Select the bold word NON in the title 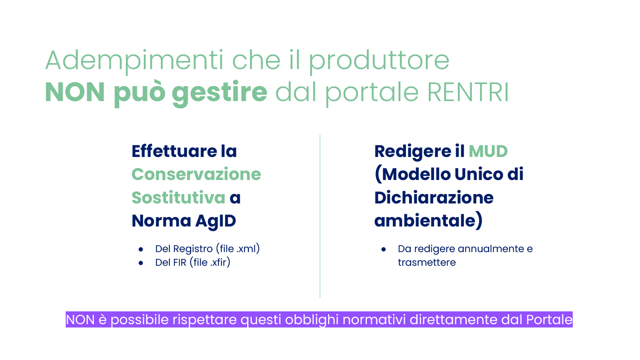75,92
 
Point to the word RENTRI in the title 468,92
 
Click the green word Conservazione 196,174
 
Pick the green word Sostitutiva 178,197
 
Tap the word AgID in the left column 216,221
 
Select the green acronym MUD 488,151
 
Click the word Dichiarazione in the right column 434,198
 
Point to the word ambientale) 428,221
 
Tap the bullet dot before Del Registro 140,250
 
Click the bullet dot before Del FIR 140,263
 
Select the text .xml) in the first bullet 248,249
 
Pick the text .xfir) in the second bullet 220,262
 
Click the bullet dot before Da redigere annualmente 384,250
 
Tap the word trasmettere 427,263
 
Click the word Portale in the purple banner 549,319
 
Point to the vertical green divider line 320,216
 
